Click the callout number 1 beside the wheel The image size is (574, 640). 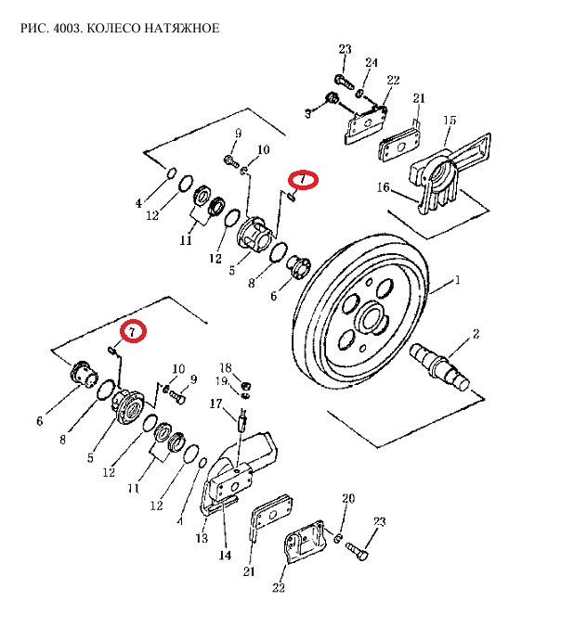[456, 279]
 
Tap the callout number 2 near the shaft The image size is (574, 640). [476, 333]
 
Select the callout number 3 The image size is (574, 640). [308, 113]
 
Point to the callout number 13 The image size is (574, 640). [202, 538]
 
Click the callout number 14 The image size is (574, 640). [224, 557]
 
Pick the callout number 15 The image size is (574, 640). [450, 121]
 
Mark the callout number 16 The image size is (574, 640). [382, 188]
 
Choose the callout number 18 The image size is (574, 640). [224, 368]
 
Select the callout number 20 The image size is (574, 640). [349, 499]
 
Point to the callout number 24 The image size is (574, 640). [371, 63]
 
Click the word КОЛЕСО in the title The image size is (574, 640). [113, 28]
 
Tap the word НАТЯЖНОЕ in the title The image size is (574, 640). [188, 28]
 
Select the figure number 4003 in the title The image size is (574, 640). [64, 28]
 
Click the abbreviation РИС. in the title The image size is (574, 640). [33, 28]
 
